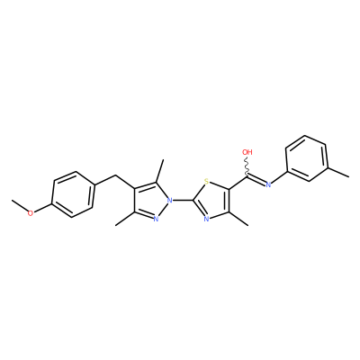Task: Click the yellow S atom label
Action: tap(206, 181)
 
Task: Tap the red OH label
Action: tap(247, 152)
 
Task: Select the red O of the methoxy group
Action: tap(31, 213)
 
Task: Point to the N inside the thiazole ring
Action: tap(206, 219)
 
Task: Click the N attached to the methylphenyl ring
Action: tap(268, 184)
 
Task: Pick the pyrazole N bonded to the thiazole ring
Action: tap(170, 200)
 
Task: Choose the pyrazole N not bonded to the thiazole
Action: tap(156, 219)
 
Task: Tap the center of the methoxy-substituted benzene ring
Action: tap(72, 194)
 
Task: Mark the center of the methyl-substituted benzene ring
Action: tap(307, 158)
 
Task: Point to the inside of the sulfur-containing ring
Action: tap(212, 200)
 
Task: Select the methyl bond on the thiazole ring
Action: tap(239, 219)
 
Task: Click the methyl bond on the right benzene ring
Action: tap(337, 171)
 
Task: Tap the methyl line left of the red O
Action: tap(20, 205)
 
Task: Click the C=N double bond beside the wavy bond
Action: tap(256, 180)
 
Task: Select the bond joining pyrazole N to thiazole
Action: tap(184, 200)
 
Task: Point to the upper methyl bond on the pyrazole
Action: tap(159, 171)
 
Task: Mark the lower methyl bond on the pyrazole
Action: tap(124, 219)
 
